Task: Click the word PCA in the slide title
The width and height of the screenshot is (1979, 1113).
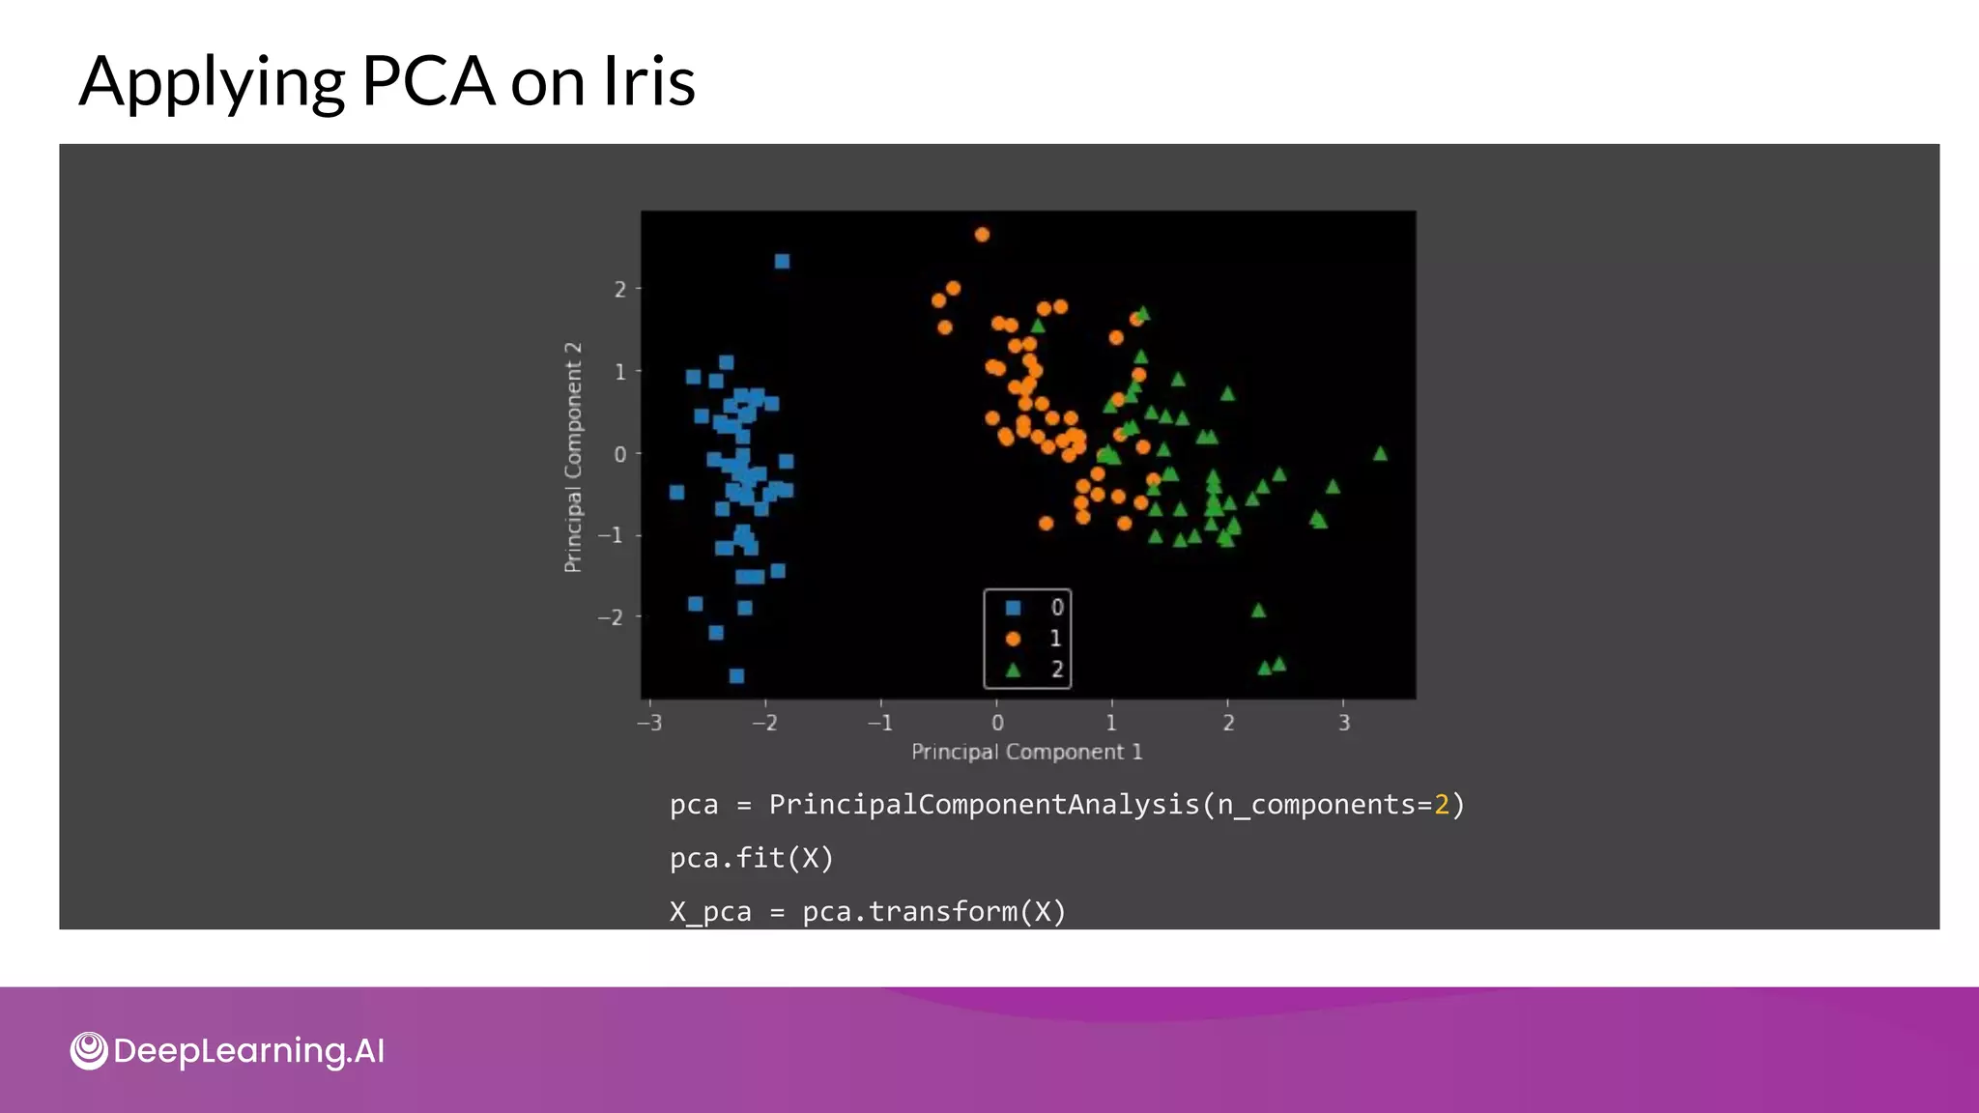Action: tap(428, 81)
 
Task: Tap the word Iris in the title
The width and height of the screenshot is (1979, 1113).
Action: tap(648, 81)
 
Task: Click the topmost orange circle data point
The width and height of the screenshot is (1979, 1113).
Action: tap(982, 235)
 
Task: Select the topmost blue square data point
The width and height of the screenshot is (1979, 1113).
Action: tap(782, 262)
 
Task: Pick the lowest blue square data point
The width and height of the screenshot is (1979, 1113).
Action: tap(736, 675)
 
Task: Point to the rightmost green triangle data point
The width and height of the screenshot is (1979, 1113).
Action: tap(1380, 454)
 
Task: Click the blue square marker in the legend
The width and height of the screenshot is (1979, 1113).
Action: tap(1013, 608)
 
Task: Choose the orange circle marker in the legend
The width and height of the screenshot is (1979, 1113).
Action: tap(1013, 639)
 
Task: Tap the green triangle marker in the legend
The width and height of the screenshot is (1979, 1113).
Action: tap(1013, 670)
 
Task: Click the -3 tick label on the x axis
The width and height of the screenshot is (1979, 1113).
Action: tap(649, 723)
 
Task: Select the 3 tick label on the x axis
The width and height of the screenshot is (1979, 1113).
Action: tap(1343, 723)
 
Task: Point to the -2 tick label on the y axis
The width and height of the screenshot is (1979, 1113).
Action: tap(611, 617)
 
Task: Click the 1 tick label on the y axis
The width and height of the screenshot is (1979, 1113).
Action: tap(619, 372)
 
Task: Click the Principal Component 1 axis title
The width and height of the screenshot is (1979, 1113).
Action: tap(1026, 752)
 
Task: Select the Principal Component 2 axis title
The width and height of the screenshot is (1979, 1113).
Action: tap(573, 457)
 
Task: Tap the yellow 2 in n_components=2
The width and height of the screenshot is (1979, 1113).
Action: tap(1442, 805)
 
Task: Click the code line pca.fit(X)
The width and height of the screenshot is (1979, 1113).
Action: tap(751, 858)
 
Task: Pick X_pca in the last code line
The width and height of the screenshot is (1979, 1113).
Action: tap(709, 912)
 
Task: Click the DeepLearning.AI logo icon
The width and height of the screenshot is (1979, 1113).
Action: tap(89, 1050)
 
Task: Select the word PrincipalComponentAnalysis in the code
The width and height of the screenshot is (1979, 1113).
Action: tap(984, 805)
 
